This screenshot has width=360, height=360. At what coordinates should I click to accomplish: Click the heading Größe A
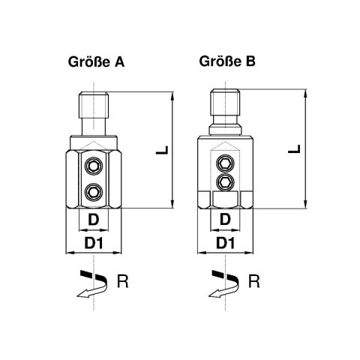[96, 62]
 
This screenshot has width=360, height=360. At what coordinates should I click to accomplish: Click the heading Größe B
[227, 61]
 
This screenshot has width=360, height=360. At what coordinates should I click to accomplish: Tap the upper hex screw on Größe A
[94, 166]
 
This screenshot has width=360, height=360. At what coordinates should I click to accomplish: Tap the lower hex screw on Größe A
[94, 193]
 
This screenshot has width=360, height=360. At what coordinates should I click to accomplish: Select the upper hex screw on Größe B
[225, 163]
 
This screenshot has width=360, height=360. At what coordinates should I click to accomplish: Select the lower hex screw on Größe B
[225, 182]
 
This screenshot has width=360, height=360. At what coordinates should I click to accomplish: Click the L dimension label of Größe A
[162, 150]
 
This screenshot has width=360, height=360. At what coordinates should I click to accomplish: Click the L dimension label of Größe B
[294, 149]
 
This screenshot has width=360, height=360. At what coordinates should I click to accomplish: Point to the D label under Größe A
[94, 220]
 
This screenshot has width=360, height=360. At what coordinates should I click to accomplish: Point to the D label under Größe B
[225, 220]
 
